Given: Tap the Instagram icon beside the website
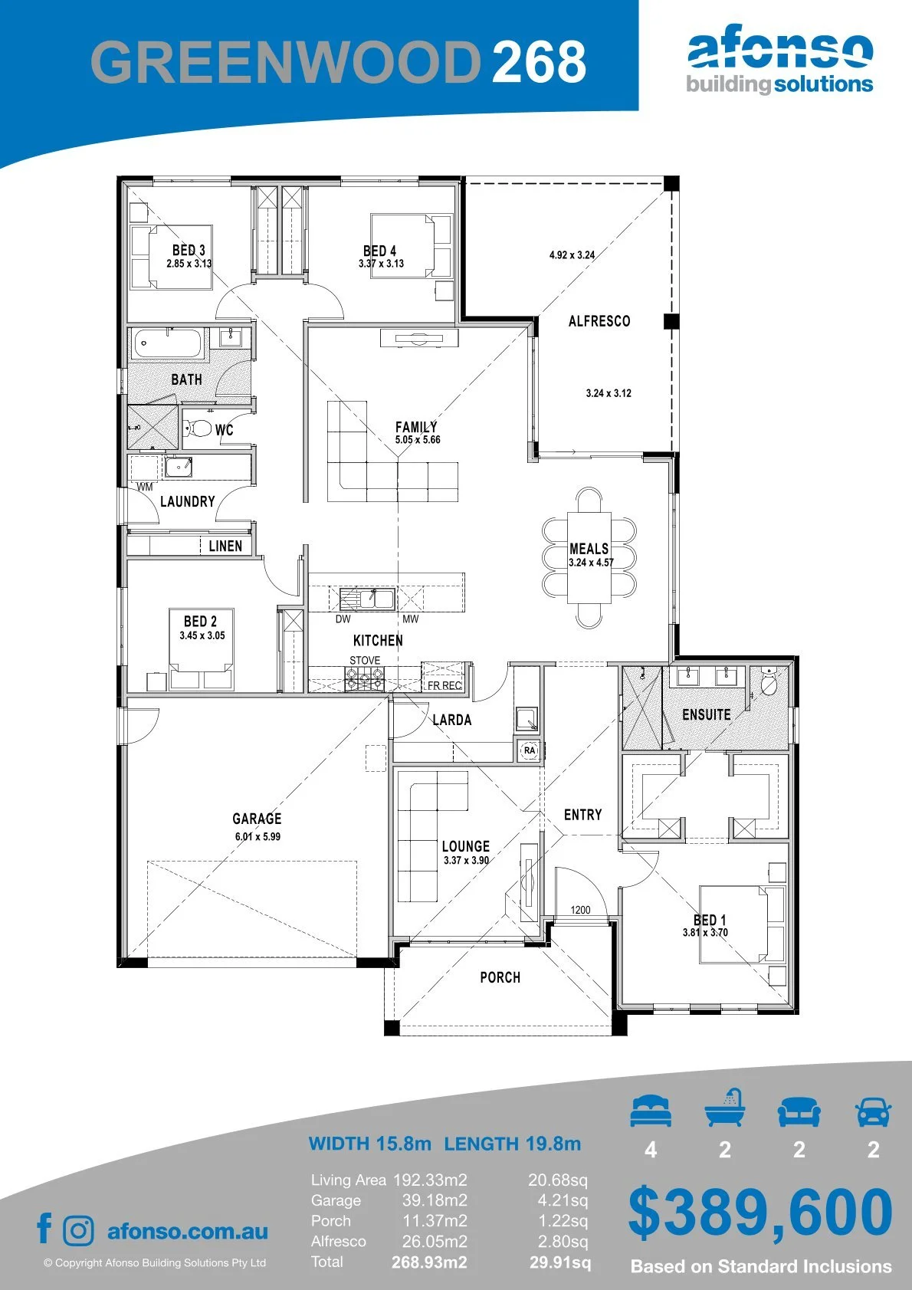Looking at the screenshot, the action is tap(77, 1231).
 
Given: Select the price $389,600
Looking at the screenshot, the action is tap(760, 1215).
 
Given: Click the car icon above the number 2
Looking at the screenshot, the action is tap(874, 1111).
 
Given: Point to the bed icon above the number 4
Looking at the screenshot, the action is tap(651, 1111).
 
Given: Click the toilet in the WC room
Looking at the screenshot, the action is tap(198, 428).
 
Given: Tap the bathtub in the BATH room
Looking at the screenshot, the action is tap(168, 344).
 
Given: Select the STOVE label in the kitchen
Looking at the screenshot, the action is tap(365, 660).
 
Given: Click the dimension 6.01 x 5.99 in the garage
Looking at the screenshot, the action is tap(258, 836).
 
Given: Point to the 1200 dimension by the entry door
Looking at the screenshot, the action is tap(580, 910).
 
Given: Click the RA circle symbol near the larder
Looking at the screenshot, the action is tap(530, 750).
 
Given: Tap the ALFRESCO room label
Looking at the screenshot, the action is tap(599, 321).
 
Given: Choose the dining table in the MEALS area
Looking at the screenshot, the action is tap(589, 557).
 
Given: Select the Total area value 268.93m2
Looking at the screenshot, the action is tap(429, 1262).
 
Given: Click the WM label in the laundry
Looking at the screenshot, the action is tap(145, 487).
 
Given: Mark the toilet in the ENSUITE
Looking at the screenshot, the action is tap(768, 682).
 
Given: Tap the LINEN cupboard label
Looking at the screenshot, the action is tap(225, 546).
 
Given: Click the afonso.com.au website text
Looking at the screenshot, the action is tap(188, 1231).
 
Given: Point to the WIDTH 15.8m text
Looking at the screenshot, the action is tap(369, 1144).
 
